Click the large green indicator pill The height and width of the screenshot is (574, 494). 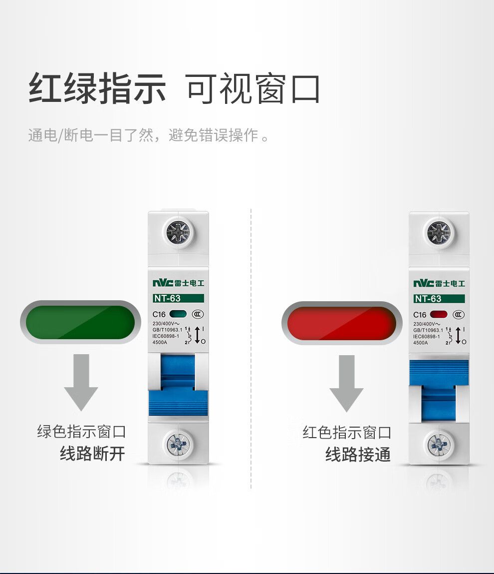pyautogui.click(x=80, y=322)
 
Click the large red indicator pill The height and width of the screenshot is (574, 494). pyautogui.click(x=342, y=323)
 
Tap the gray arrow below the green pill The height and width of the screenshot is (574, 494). pyautogui.click(x=81, y=382)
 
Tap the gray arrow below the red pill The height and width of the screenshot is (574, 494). pyautogui.click(x=346, y=383)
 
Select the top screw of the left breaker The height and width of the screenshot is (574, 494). pyautogui.click(x=178, y=232)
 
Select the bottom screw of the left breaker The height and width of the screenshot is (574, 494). pyautogui.click(x=179, y=444)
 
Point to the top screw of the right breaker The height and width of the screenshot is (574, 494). pyautogui.click(x=439, y=233)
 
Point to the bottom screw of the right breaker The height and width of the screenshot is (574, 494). pyautogui.click(x=440, y=445)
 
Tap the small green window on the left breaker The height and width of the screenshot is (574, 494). pyautogui.click(x=178, y=314)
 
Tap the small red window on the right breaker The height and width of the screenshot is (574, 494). pyautogui.click(x=439, y=314)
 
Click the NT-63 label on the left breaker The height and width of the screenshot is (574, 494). pyautogui.click(x=178, y=298)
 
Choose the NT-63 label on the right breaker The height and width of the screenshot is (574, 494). pyautogui.click(x=439, y=299)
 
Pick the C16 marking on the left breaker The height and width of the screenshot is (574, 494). pyautogui.click(x=159, y=314)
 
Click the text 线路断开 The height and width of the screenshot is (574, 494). pyautogui.click(x=92, y=453)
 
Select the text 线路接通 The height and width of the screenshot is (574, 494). pyautogui.click(x=358, y=454)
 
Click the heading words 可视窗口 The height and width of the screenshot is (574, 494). pyautogui.click(x=252, y=88)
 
